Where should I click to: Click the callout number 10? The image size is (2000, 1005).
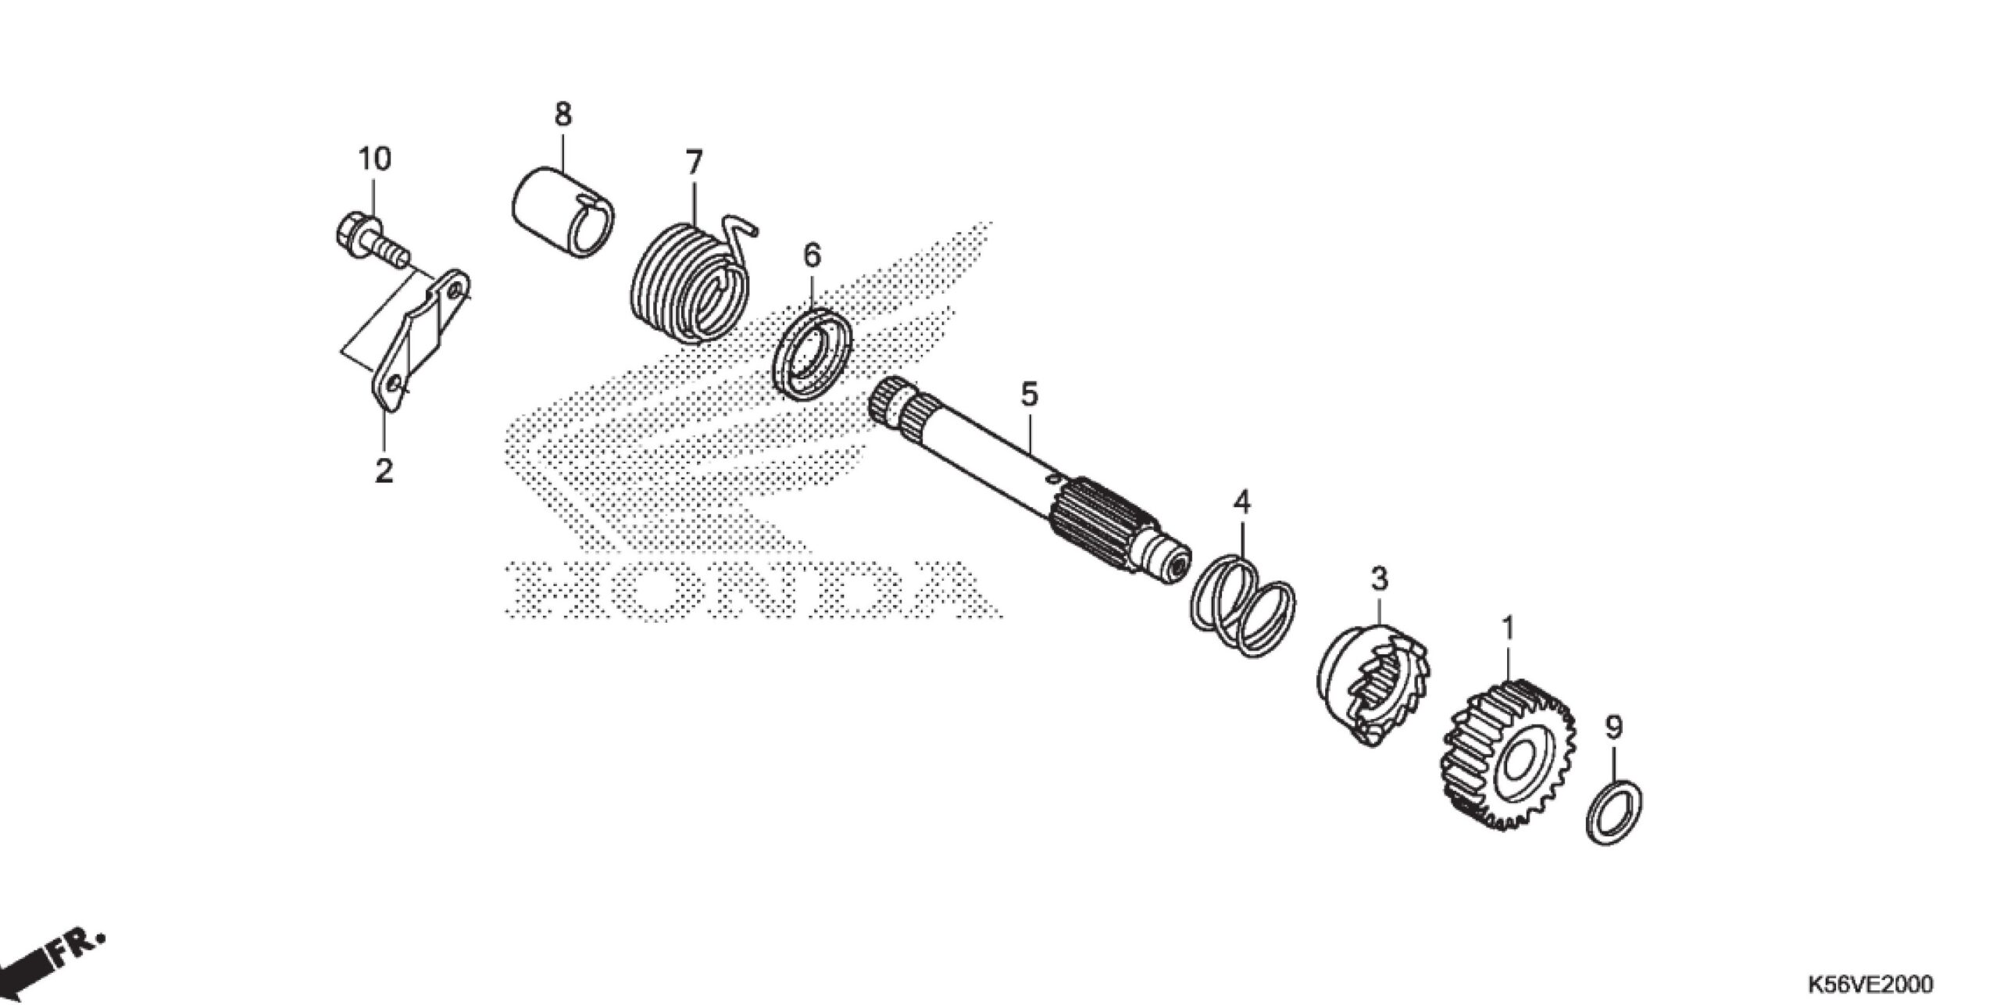374,159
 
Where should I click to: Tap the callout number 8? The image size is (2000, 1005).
562,114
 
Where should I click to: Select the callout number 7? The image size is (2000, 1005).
694,163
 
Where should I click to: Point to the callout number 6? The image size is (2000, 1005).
812,255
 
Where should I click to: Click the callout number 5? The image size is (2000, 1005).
1030,394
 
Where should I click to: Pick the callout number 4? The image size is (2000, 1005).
1241,502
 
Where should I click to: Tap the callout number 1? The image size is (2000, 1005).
1508,628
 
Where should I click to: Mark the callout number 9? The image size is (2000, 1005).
1614,728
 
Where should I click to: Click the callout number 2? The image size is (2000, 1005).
384,470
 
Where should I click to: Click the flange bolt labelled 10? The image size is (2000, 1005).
367,238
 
